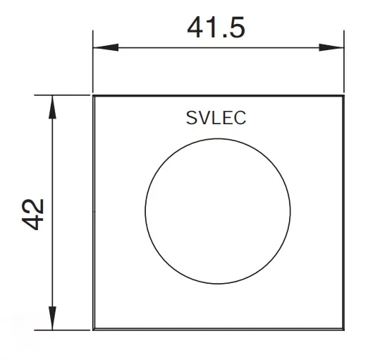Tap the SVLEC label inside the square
216,118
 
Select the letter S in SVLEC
192,118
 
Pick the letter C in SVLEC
240,118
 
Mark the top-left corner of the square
94,95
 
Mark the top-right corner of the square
344,95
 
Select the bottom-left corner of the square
94,329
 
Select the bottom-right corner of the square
344,329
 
